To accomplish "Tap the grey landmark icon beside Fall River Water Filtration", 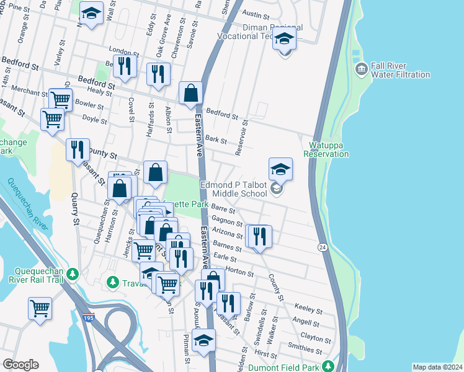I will coord(360,68).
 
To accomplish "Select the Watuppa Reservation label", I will coord(326,149).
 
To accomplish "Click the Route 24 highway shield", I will coord(323,247).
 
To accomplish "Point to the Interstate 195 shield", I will coord(88,318).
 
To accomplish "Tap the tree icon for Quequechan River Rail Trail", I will coord(73,273).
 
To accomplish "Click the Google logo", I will coord(20,365).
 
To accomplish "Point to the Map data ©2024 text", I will coord(437,367).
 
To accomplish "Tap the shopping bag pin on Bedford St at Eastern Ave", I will coord(191,93).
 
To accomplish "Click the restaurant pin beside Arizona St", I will coord(259,237).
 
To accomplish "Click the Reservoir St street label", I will coord(241,137).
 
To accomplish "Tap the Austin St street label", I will coord(255,13).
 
